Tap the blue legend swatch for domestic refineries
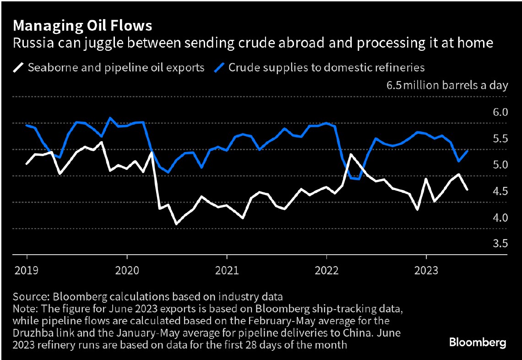pyautogui.click(x=220, y=68)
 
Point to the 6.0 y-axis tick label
pyautogui.click(x=500, y=112)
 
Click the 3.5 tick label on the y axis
pyautogui.click(x=500, y=244)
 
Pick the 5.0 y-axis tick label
pyautogui.click(x=500, y=165)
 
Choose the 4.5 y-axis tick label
pyautogui.click(x=500, y=191)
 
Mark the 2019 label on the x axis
pyautogui.click(x=27, y=271)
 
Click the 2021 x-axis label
pyautogui.click(x=226, y=271)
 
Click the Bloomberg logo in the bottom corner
pyautogui.click(x=478, y=342)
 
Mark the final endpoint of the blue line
pyautogui.click(x=467, y=151)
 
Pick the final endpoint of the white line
pyautogui.click(x=467, y=189)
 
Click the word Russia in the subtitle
pyautogui.click(x=29, y=44)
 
